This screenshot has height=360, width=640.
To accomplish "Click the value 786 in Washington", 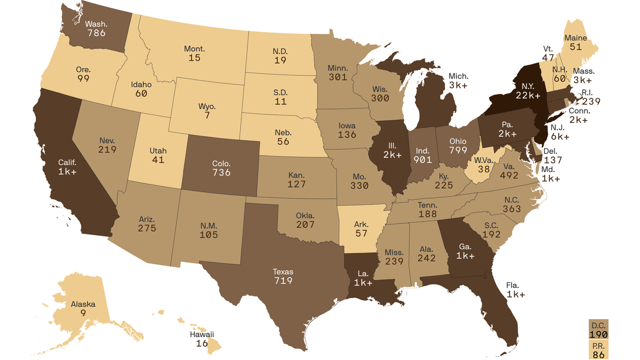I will tap(96, 33).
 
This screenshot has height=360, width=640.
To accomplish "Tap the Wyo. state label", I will tap(207, 107).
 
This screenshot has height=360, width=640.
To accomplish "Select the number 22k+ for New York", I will tap(528, 96).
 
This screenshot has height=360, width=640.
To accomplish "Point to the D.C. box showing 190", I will tap(598, 330).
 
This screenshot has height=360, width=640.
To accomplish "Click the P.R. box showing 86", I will tap(598, 350).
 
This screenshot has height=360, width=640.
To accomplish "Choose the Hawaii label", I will tap(202, 334).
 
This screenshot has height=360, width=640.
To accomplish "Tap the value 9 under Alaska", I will tap(83, 313).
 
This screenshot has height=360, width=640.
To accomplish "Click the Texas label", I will tap(283, 272).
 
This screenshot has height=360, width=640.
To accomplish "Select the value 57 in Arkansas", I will tap(361, 233).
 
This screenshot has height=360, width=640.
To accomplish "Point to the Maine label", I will tap(576, 38).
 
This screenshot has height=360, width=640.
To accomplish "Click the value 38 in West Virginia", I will tap(484, 169).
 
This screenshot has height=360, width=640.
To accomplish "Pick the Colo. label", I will tap(221, 164).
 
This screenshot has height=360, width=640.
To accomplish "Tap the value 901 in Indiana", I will tap(423, 160).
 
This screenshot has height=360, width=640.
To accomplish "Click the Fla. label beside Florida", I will tap(512, 285).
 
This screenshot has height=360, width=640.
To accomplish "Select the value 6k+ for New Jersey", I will tap(560, 137).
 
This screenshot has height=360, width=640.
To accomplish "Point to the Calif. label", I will tap(67, 163).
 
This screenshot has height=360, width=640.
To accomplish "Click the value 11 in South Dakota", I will tap(280, 102).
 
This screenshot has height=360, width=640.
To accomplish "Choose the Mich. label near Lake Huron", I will tap(458, 76).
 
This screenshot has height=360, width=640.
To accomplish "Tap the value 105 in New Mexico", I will tap(209, 235).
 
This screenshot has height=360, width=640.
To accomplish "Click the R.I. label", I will tap(587, 93).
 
